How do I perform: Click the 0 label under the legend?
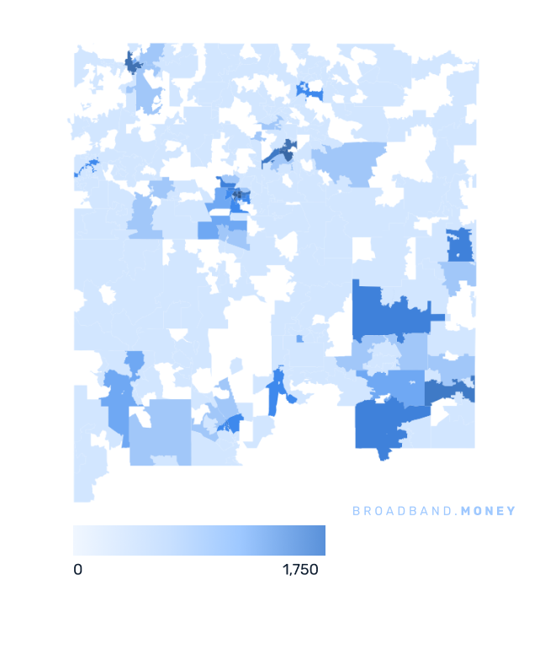[78, 570]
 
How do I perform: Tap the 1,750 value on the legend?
[300, 570]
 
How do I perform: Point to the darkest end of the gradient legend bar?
[320, 540]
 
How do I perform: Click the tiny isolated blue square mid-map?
[299, 339]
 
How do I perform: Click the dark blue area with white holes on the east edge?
[459, 245]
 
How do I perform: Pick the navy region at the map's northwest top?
[133, 63]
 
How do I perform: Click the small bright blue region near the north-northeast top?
[309, 91]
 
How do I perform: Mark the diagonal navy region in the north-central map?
[281, 152]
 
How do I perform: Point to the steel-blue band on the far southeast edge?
[450, 392]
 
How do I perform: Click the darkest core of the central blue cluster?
[238, 195]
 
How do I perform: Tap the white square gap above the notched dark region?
[363, 249]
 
